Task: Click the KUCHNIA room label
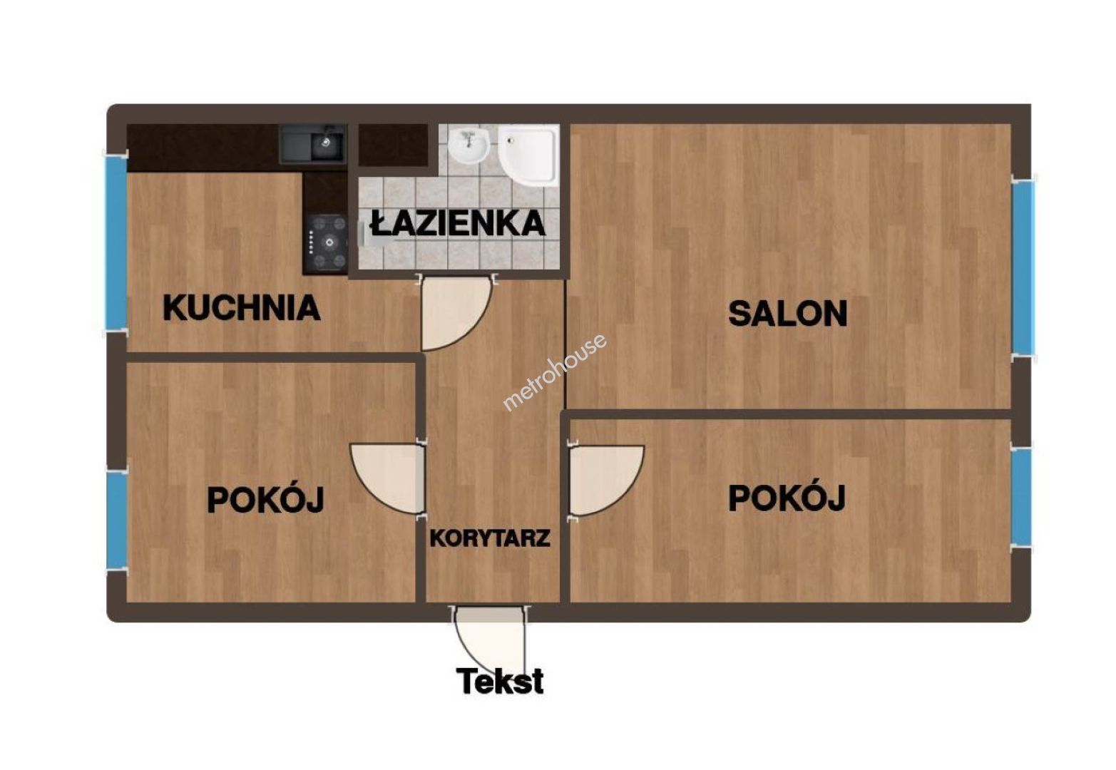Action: coord(242,308)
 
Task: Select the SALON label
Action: coord(788,313)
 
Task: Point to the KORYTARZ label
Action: coord(490,538)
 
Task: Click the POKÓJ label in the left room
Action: coord(265,499)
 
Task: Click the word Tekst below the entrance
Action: coord(500,681)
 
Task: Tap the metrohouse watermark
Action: coord(555,372)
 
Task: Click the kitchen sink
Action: coord(312,143)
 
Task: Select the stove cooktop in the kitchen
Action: coord(325,242)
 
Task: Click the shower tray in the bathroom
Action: coord(528,155)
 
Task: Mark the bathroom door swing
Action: coord(456,313)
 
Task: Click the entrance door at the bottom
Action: coord(490,641)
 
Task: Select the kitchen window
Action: coord(116,242)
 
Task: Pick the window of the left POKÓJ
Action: coord(116,519)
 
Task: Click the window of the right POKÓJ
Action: coord(1023,496)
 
